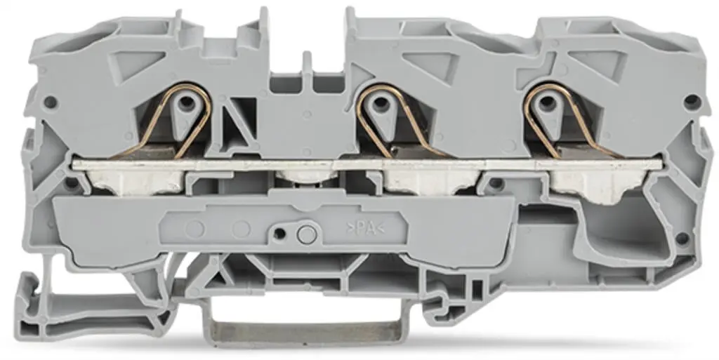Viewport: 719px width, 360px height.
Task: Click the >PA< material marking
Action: (x=366, y=227)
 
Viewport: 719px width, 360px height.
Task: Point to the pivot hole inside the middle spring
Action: (x=380, y=103)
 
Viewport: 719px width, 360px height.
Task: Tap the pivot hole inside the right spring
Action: (x=543, y=103)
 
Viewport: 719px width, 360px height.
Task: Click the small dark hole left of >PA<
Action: (x=280, y=232)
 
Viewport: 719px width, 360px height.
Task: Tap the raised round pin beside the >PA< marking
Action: (x=305, y=233)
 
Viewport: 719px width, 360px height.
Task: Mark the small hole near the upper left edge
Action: (x=50, y=102)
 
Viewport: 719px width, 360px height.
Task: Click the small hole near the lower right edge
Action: (x=681, y=238)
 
